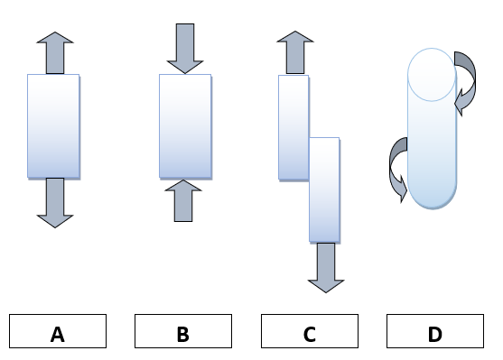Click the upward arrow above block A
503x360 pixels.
tap(55, 52)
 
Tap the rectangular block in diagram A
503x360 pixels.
tap(53, 125)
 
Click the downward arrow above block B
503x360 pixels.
tap(185, 48)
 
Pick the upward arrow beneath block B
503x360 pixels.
tap(184, 200)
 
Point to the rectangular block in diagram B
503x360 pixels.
tap(185, 125)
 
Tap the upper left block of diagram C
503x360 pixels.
tap(293, 126)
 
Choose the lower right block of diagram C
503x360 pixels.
tap(324, 189)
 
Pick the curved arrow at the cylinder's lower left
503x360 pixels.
tap(396, 166)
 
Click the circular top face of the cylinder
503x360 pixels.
tap(431, 73)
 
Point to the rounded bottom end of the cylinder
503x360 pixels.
tap(430, 194)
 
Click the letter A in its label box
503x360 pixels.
tap(58, 335)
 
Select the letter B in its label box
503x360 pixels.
tap(182, 335)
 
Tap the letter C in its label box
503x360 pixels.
tap(310, 335)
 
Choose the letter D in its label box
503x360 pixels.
tap(435, 335)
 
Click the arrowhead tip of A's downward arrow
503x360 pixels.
tap(55, 226)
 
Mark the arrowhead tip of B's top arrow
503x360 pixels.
tap(185, 72)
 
